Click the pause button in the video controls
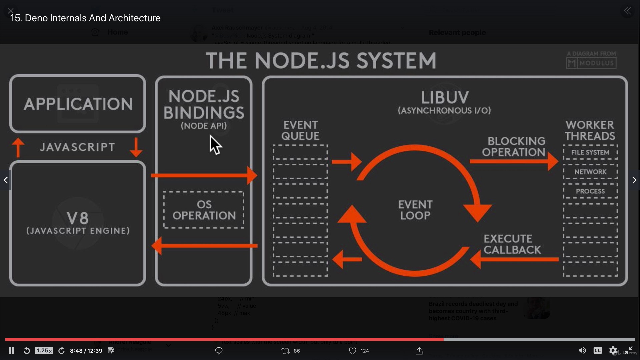click(x=11, y=351)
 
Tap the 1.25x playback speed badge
click(x=44, y=351)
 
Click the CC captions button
click(x=597, y=351)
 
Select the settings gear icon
click(x=613, y=351)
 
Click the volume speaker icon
click(x=582, y=351)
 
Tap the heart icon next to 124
click(x=352, y=351)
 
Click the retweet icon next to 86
click(x=285, y=351)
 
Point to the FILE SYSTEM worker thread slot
click(x=590, y=153)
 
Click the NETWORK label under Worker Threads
click(x=590, y=172)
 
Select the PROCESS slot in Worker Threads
click(x=590, y=191)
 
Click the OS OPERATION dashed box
click(x=204, y=210)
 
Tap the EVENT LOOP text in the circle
click(x=415, y=210)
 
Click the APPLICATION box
click(x=78, y=104)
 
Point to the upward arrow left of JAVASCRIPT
click(x=18, y=147)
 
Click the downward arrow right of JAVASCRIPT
click(x=136, y=147)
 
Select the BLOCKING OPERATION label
click(x=514, y=147)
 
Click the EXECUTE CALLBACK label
click(x=512, y=244)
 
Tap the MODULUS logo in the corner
click(x=591, y=63)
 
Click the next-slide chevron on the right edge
click(x=634, y=180)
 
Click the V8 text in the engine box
click(x=78, y=218)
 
